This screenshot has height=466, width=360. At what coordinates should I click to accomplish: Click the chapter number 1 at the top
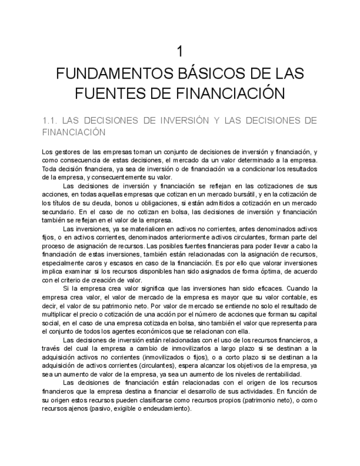(180, 52)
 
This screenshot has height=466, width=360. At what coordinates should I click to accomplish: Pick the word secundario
(57, 212)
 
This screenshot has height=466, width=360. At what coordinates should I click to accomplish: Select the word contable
(286, 297)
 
